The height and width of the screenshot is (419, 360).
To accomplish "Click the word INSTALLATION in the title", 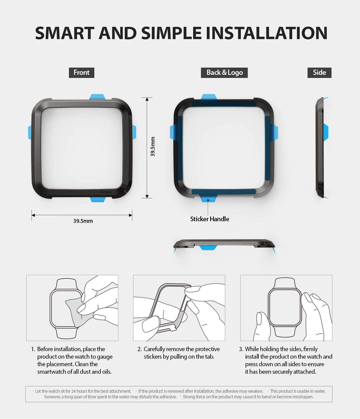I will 267,33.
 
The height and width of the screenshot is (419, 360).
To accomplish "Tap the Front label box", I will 81,73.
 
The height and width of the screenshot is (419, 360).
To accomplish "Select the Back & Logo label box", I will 224,73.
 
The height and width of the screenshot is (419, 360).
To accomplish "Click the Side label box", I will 319,73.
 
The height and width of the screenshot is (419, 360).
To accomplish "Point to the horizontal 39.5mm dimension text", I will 83,221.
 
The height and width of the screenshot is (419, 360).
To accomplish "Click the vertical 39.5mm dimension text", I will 153,147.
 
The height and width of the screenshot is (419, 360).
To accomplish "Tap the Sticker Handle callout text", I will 210,219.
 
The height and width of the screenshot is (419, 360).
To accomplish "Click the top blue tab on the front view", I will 97,97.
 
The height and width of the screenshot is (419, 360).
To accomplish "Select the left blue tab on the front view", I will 30,132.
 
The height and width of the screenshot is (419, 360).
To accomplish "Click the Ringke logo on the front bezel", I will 106,192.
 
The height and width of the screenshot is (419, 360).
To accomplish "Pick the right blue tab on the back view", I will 275,132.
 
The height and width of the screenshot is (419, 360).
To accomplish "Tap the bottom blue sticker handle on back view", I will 208,198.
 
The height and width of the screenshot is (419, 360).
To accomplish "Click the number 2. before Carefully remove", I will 140,349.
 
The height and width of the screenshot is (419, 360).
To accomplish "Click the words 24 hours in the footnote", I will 78,391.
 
